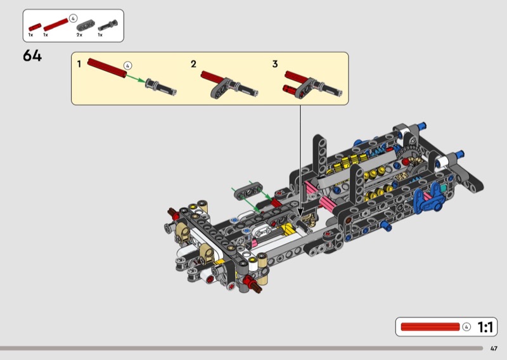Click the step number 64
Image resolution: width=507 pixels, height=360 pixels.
pyautogui.click(x=32, y=56)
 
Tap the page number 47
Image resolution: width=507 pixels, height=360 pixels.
pyautogui.click(x=494, y=349)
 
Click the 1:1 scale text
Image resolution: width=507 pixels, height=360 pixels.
pyautogui.click(x=485, y=327)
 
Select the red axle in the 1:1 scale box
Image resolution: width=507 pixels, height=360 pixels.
pyautogui.click(x=430, y=326)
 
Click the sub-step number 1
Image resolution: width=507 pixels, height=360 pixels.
pyautogui.click(x=79, y=64)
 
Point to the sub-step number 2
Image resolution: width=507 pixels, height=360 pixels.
pyautogui.click(x=193, y=64)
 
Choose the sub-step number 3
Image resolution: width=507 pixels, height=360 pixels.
pyautogui.click(x=275, y=64)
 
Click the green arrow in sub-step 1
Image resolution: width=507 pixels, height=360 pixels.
pyautogui.click(x=136, y=79)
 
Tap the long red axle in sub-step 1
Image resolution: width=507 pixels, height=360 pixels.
pyautogui.click(x=106, y=68)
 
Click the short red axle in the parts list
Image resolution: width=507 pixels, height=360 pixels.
pyautogui.click(x=35, y=27)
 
